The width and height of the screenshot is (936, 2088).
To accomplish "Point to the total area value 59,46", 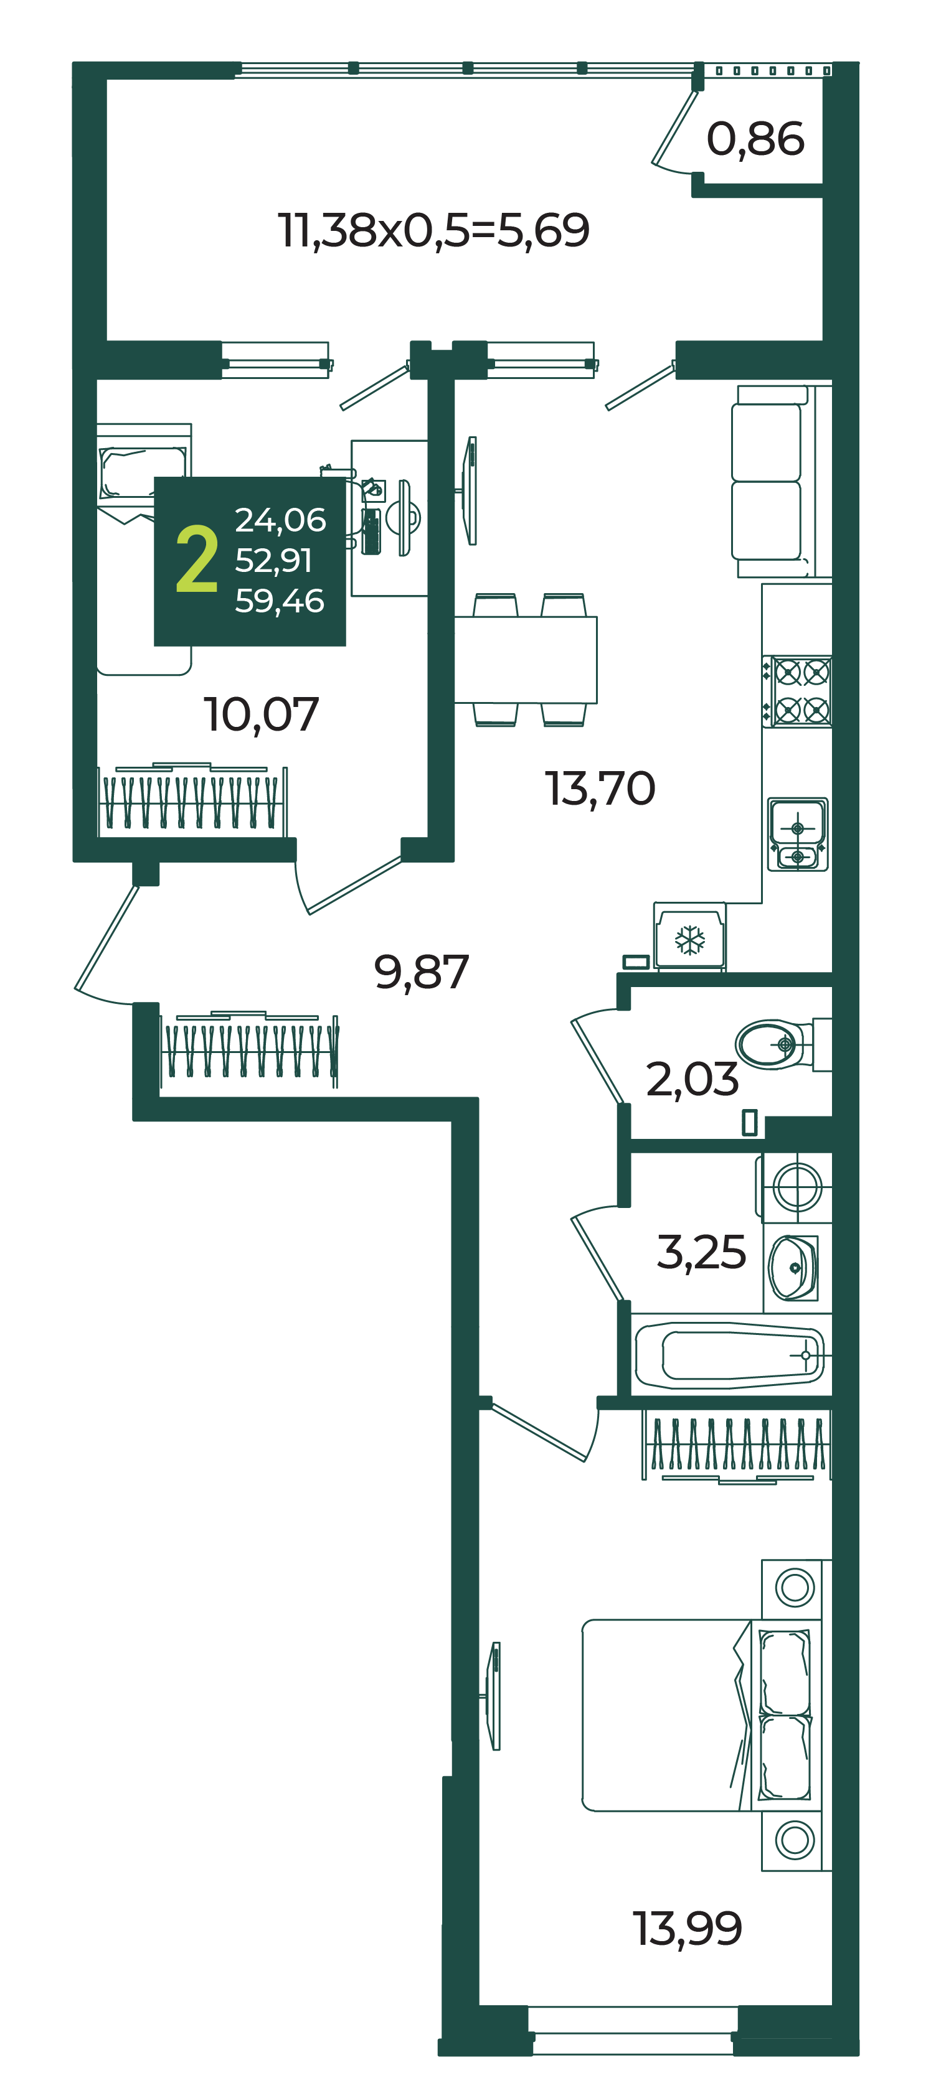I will pyautogui.click(x=280, y=601).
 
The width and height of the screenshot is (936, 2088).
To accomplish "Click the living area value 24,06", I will pyautogui.click(x=280, y=520).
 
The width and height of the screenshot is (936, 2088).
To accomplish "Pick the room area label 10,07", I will pyautogui.click(x=261, y=714).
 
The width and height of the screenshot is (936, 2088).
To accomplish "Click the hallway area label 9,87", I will pyautogui.click(x=421, y=972).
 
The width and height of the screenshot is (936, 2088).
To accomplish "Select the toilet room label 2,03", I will pyautogui.click(x=691, y=1080).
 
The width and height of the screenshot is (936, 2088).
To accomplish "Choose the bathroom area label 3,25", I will pyautogui.click(x=701, y=1252).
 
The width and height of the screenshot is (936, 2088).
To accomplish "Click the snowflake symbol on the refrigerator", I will pyautogui.click(x=690, y=940).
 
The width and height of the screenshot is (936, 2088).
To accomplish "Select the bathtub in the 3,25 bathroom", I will pyautogui.click(x=729, y=1354).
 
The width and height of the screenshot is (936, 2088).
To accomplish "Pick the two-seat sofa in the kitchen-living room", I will pyautogui.click(x=770, y=482).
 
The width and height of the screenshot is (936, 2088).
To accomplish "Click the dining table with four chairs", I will pyautogui.click(x=526, y=659).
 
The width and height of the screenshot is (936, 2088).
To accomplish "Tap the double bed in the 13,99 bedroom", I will pyautogui.click(x=673, y=1715).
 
